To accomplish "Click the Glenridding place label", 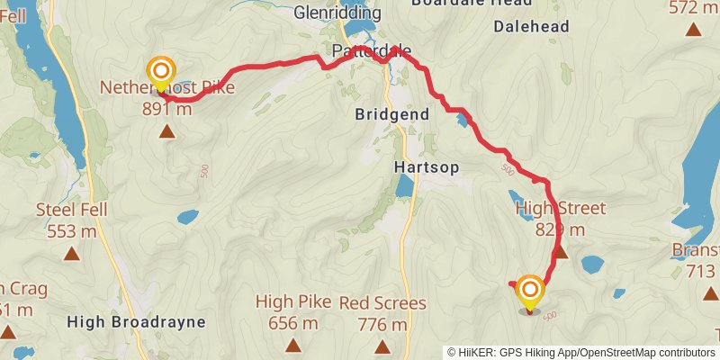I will (x=332, y=13).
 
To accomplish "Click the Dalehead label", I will (x=532, y=27).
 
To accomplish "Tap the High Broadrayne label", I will (x=137, y=321).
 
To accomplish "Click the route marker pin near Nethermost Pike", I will (x=161, y=73).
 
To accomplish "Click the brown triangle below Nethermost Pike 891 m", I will (x=166, y=132).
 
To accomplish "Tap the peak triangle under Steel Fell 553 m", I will (x=71, y=254).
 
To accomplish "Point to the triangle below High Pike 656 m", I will (x=292, y=345).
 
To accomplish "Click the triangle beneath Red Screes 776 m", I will (x=382, y=346).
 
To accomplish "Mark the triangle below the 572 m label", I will (x=693, y=30).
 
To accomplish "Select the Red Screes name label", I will (x=382, y=302).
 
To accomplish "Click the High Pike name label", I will (x=292, y=301).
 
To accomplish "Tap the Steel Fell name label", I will (x=71, y=211).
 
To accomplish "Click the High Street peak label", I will (x=561, y=210).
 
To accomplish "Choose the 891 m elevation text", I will (x=166, y=110).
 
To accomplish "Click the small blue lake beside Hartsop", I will (x=405, y=186).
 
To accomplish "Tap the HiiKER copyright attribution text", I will (x=582, y=353).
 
